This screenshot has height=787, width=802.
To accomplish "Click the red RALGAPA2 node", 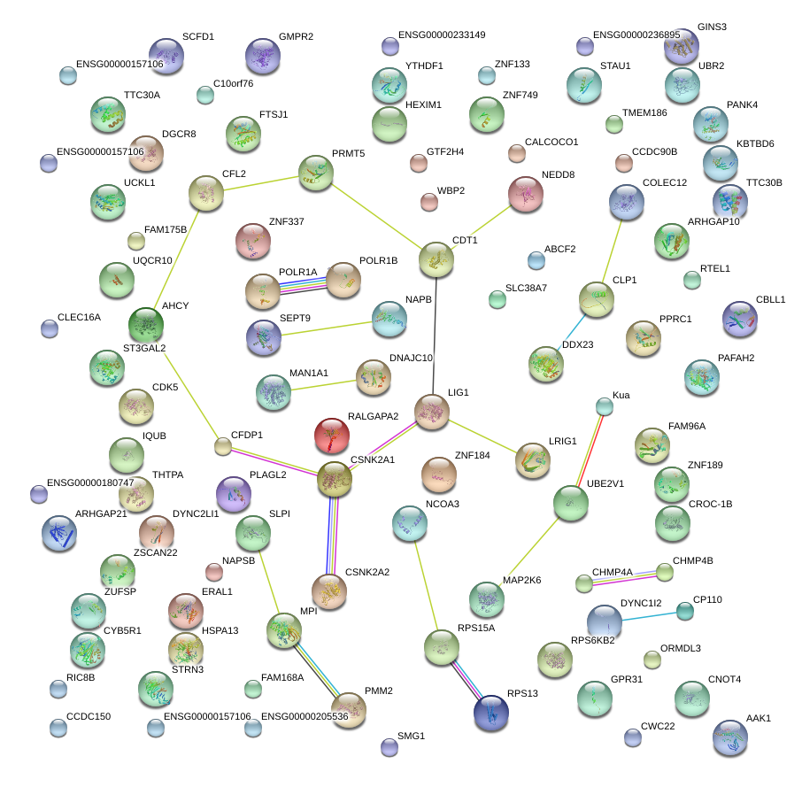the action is click(332, 436).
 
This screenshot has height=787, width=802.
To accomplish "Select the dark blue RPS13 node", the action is click(491, 713).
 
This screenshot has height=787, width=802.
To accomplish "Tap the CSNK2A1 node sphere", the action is click(335, 479).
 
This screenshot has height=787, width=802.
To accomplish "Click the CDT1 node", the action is click(436, 259).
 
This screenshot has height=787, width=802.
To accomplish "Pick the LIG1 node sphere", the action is click(432, 412).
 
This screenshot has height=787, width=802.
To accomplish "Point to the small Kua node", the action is click(605, 407).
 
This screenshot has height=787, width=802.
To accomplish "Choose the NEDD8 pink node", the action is click(526, 194).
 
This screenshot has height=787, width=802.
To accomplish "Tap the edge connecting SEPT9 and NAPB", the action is click(327, 328).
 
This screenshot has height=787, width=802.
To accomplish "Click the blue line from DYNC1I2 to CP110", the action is click(649, 615).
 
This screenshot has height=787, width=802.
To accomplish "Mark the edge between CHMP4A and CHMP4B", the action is click(624, 578).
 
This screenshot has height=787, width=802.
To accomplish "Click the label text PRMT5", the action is click(348, 153).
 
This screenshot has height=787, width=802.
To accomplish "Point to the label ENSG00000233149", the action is click(442, 35).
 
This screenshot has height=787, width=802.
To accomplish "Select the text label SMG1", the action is click(412, 736).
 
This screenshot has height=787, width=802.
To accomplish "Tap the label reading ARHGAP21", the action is click(101, 513).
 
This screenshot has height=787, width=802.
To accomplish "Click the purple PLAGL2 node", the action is click(234, 495).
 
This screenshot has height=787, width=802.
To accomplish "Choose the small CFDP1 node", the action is click(222, 446).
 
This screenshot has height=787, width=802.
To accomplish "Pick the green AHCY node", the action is click(146, 325).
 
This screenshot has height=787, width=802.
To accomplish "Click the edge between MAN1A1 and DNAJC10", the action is click(323, 385).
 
